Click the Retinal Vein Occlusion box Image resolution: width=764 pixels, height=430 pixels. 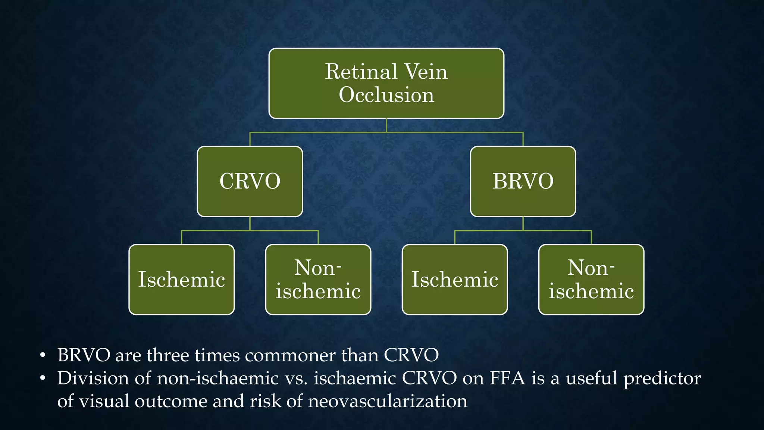(x=386, y=83)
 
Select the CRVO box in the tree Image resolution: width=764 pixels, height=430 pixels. (x=250, y=181)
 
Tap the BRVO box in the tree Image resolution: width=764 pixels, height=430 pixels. (x=523, y=181)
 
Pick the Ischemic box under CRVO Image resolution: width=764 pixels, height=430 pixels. (x=181, y=280)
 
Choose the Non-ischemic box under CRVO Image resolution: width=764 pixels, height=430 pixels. (x=318, y=280)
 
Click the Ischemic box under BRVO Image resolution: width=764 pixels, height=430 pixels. (x=454, y=280)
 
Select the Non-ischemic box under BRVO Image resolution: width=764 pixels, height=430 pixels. (x=591, y=280)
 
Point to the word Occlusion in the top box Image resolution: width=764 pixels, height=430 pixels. (x=386, y=95)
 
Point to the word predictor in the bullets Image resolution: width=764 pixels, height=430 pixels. (x=662, y=379)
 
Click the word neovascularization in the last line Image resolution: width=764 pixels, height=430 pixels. (x=388, y=401)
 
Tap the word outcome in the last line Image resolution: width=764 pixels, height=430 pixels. (x=171, y=401)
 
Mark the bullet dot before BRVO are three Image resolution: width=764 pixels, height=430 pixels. (x=43, y=356)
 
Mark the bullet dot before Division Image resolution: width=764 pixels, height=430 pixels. (x=43, y=379)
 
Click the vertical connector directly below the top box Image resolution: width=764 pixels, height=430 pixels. (x=386, y=125)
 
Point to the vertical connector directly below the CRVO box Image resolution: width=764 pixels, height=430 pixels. (x=250, y=224)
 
